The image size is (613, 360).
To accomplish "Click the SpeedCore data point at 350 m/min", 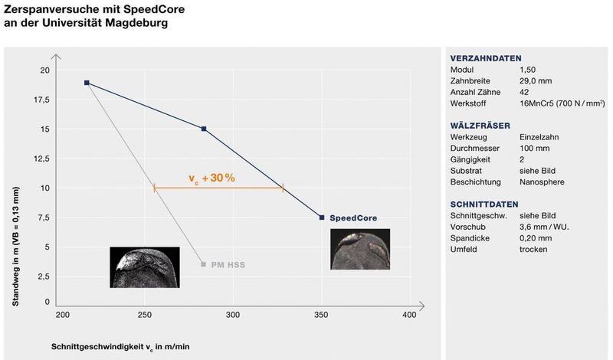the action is coord(322,218).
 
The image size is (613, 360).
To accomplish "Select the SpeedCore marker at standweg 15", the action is coord(204,129).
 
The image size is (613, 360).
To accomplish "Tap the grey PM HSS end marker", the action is coord(203,264).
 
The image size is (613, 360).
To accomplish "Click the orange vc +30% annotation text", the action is coord(212,178).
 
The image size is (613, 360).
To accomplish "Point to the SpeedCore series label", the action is coord(353,218).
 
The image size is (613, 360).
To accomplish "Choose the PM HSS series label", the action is coord(228,265).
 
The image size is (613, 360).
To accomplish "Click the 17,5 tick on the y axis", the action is coord(42,100).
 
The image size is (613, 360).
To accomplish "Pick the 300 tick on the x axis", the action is coord(233,315).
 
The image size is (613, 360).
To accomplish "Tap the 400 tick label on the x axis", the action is coord(409,315).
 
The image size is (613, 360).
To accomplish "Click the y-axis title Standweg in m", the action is coord(15,246).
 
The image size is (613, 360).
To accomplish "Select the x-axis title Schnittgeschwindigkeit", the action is coord(120,347).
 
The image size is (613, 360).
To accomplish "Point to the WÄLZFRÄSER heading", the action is coord(480,126).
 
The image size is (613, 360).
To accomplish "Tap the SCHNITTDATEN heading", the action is coord(484,205).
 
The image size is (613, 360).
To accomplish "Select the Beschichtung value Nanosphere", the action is coord(542,182).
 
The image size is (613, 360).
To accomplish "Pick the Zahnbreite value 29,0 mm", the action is coord(536,81).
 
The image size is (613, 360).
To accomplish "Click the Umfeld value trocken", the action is coord(533,250).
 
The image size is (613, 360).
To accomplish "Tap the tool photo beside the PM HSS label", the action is coord(145,267).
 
